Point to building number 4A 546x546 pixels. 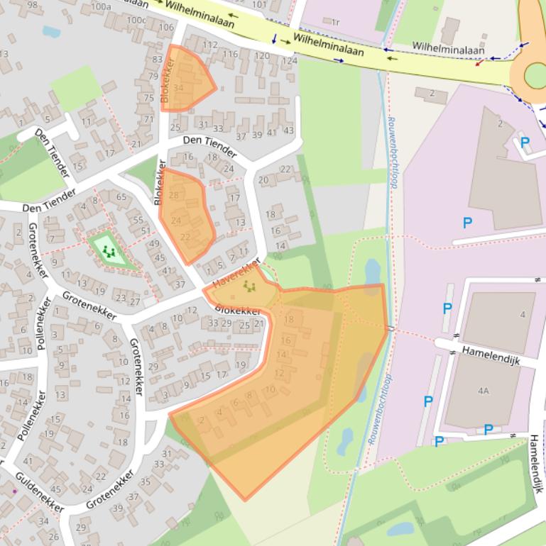[484, 391]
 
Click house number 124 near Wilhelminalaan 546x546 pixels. [289, 61]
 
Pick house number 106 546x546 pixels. [165, 28]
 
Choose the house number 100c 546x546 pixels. [136, 20]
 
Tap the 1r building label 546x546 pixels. [336, 23]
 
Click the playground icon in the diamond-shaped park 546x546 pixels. [109, 250]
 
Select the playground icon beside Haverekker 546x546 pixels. [249, 286]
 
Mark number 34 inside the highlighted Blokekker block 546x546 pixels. [178, 88]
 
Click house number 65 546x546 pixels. [121, 197]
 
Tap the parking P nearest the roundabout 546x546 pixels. [525, 143]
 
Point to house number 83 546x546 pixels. [157, 60]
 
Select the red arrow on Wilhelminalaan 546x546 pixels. [481, 63]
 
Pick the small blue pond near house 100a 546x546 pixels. [51, 31]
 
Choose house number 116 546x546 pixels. [231, 55]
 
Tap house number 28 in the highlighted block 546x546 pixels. [174, 195]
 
